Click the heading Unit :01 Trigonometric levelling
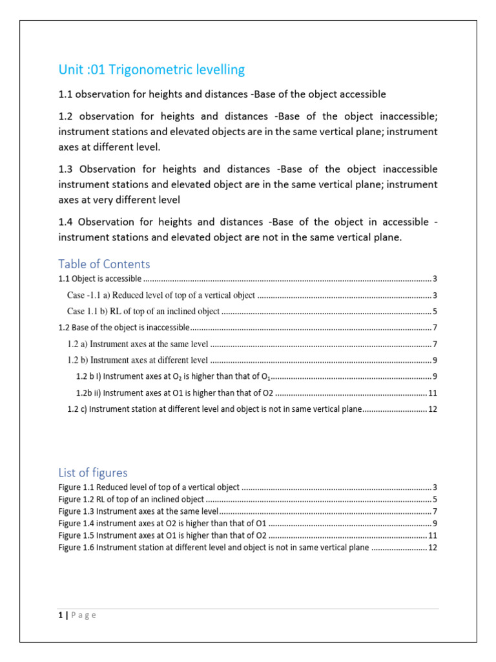tap(151, 70)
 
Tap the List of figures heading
tap(92, 473)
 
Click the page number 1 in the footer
tap(59, 615)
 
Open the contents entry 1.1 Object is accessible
tap(100, 279)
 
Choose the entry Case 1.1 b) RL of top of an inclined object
tap(143, 312)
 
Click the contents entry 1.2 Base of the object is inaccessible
tap(124, 328)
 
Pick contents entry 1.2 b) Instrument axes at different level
tap(138, 360)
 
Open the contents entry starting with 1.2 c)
tap(214, 409)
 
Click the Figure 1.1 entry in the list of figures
tap(149, 487)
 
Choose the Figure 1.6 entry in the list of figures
tap(213, 548)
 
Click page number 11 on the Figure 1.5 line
tap(433, 536)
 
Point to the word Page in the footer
tap(83, 615)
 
